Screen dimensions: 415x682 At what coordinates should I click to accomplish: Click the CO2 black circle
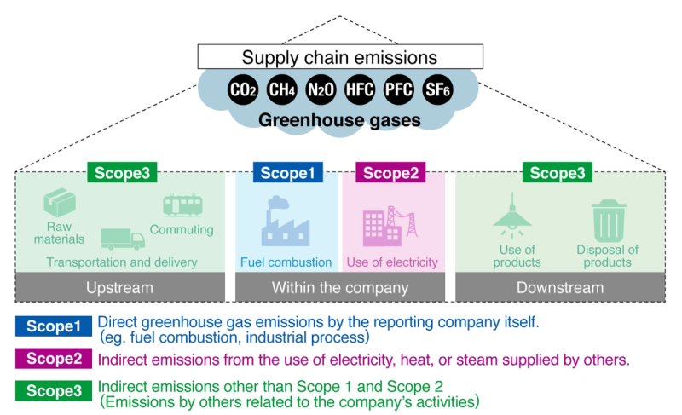pyautogui.click(x=243, y=89)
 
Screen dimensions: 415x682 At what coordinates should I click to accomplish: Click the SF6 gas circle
pyautogui.click(x=437, y=89)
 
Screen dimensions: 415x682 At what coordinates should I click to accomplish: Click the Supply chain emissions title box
pyautogui.click(x=340, y=57)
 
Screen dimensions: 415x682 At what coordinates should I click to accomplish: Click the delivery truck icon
pyautogui.click(x=123, y=239)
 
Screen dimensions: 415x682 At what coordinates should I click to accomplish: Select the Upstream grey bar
pyautogui.click(x=120, y=287)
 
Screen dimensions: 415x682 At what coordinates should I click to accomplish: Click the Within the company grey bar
pyautogui.click(x=340, y=287)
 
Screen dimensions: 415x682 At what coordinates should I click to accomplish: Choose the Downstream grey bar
pyautogui.click(x=560, y=287)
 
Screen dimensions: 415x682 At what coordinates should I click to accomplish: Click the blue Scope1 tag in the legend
pyautogui.click(x=53, y=326)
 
